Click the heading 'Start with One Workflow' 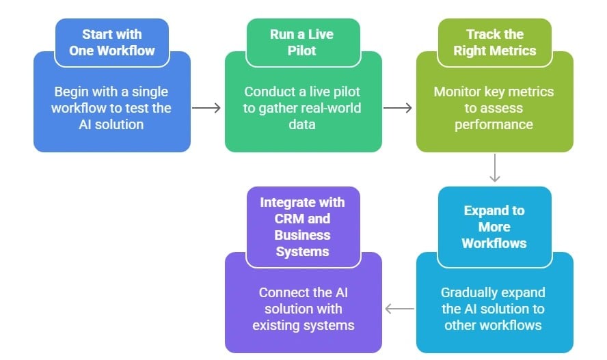pos(111,42)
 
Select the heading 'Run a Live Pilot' pos(303,42)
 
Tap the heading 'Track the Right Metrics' pos(494,42)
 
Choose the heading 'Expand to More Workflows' pos(494,227)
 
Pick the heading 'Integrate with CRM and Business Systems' pos(303,227)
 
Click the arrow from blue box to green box pos(206,108)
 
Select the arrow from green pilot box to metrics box pos(398,108)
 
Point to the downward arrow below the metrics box pos(495,169)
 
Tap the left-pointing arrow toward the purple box pos(400,309)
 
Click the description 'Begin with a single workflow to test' pos(111,108)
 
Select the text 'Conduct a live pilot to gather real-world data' pos(303,108)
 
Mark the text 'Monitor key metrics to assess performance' pos(494,108)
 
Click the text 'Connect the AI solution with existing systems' pos(303,309)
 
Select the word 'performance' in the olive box pos(494,124)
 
